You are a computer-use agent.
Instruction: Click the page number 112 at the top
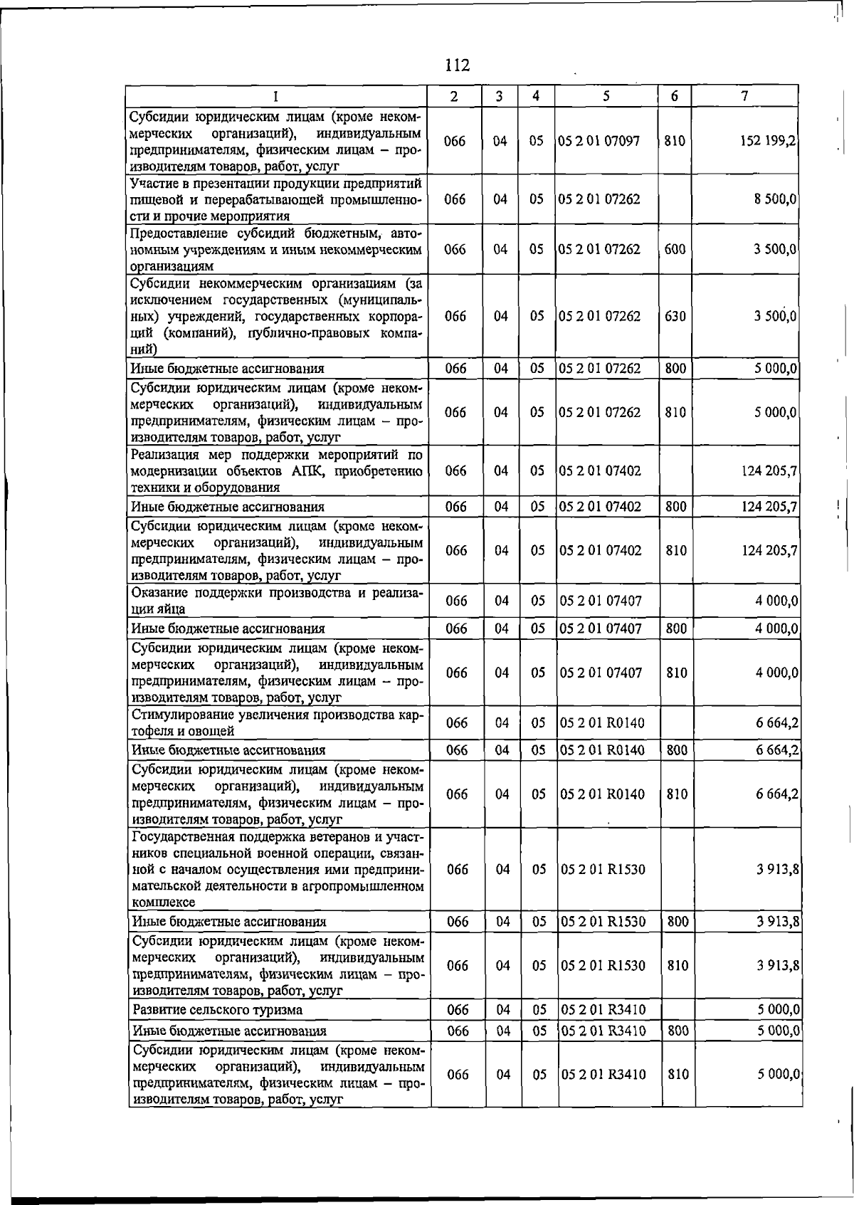click(x=457, y=65)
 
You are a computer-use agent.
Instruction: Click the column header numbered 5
click(x=606, y=96)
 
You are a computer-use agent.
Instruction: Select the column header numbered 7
click(x=744, y=96)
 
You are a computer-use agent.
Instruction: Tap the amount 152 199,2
click(x=766, y=141)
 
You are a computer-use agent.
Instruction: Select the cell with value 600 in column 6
click(x=675, y=250)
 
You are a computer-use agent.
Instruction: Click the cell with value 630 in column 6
click(x=675, y=316)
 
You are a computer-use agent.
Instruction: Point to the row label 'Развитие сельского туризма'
click(x=218, y=1009)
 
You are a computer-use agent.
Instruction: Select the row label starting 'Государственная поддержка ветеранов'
click(x=278, y=869)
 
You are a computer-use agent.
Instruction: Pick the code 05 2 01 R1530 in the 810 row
click(x=603, y=966)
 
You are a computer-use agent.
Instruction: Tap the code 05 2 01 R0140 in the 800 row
click(x=602, y=750)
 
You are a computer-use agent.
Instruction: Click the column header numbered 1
click(x=276, y=96)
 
